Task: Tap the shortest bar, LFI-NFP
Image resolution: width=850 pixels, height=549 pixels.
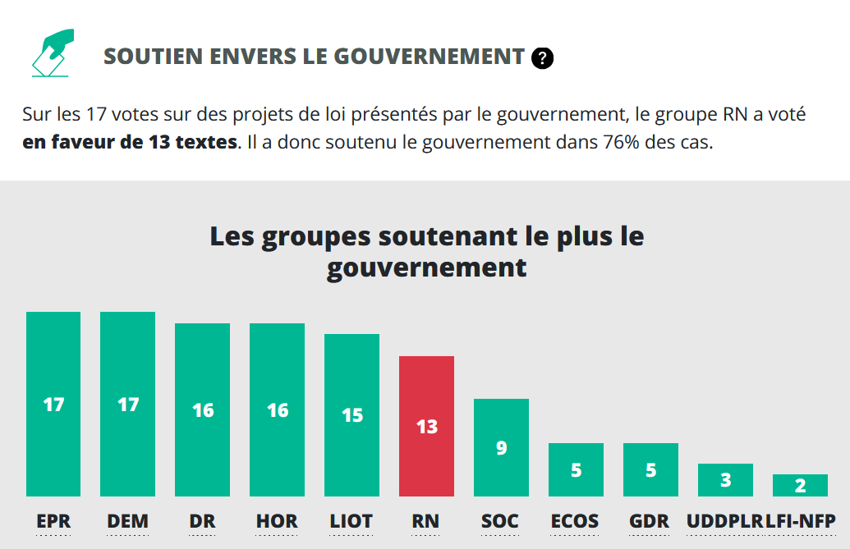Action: tap(800, 485)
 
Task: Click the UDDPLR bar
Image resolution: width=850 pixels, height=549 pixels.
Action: tap(725, 480)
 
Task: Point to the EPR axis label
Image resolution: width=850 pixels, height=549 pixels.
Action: tap(53, 521)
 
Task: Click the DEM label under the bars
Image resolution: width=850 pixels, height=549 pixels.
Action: tap(128, 521)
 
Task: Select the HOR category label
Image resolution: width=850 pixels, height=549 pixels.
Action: tap(277, 521)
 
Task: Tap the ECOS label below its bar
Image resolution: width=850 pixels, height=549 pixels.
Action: tap(575, 521)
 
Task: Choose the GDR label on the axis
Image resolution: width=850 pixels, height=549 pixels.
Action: tap(650, 521)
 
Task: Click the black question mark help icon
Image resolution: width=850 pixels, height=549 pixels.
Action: tap(542, 57)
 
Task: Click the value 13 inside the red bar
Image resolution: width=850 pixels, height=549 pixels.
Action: tap(426, 427)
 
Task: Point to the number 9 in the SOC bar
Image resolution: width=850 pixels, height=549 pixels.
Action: tap(501, 448)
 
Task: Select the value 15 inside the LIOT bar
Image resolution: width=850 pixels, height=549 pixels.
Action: tap(351, 415)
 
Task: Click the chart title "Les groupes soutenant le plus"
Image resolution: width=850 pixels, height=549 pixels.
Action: tap(426, 236)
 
